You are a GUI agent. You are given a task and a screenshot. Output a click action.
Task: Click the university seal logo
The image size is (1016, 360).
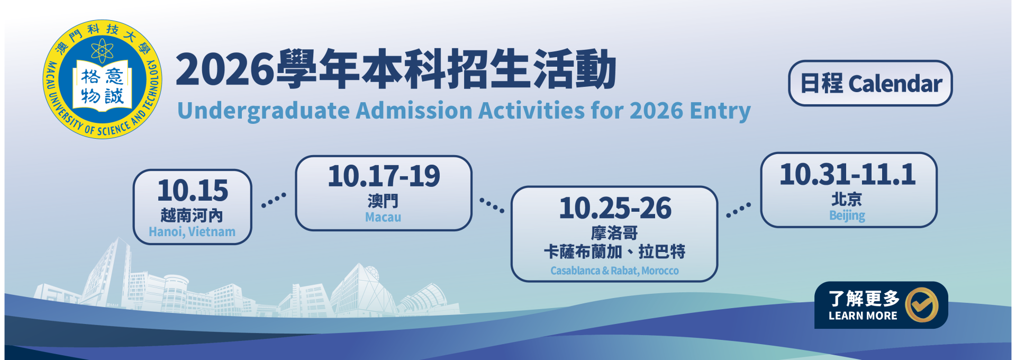[102, 79]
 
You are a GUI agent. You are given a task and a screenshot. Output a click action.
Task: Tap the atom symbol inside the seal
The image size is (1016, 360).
[102, 51]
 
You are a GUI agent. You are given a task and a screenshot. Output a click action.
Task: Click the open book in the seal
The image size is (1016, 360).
[102, 86]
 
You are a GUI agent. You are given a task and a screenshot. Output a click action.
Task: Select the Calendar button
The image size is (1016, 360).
[870, 83]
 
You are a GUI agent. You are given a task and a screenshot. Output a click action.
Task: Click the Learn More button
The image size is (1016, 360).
[881, 305]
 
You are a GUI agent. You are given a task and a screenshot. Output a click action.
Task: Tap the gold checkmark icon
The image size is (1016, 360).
[921, 305]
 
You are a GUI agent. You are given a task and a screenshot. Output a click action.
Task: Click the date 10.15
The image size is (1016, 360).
[193, 191]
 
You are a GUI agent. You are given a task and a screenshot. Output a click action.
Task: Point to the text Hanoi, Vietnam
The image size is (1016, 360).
[192, 232]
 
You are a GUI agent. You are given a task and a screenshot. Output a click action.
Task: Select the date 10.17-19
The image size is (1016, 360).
[384, 176]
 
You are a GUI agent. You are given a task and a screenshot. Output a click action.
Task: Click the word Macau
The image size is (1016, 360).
[383, 217]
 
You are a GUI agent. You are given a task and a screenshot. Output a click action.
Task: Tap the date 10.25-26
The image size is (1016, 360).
[615, 208]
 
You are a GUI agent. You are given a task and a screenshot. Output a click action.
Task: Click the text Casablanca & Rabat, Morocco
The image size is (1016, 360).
[614, 271]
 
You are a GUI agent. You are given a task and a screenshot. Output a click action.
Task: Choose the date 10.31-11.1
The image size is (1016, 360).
[848, 174]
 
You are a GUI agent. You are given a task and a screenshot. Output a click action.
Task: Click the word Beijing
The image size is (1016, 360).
[847, 215]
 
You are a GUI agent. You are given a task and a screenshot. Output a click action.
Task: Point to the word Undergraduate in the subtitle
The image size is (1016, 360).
[263, 111]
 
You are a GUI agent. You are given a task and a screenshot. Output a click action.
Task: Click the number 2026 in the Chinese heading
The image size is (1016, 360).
[225, 69]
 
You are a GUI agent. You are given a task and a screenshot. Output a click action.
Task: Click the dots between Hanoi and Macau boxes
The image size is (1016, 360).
[274, 200]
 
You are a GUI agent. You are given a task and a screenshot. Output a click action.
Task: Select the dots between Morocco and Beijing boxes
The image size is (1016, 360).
[738, 210]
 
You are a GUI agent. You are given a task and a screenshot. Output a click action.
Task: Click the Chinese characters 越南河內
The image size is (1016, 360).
[192, 215]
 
